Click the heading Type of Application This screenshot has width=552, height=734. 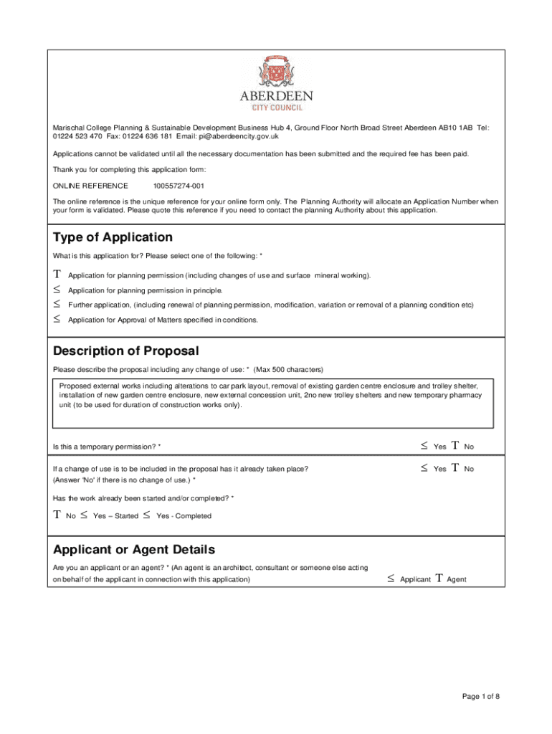click(x=113, y=237)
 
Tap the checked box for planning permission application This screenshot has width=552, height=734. click(x=57, y=275)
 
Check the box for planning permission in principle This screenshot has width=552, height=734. click(x=57, y=290)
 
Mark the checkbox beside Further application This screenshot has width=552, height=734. click(x=57, y=305)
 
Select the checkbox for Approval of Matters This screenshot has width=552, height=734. click(x=57, y=320)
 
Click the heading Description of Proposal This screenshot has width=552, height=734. click(x=125, y=351)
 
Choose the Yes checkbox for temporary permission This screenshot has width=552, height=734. click(x=424, y=446)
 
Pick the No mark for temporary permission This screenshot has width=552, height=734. click(x=455, y=446)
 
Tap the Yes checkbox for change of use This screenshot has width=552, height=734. click(x=424, y=468)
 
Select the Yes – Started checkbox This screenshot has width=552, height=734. click(x=84, y=515)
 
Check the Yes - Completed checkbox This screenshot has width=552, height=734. click(x=147, y=515)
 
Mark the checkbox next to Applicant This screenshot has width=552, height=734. click(x=391, y=578)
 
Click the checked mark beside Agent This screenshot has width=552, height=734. click(x=438, y=578)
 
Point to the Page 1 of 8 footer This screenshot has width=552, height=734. click(x=480, y=696)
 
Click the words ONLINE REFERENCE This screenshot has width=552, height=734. click(x=90, y=186)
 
